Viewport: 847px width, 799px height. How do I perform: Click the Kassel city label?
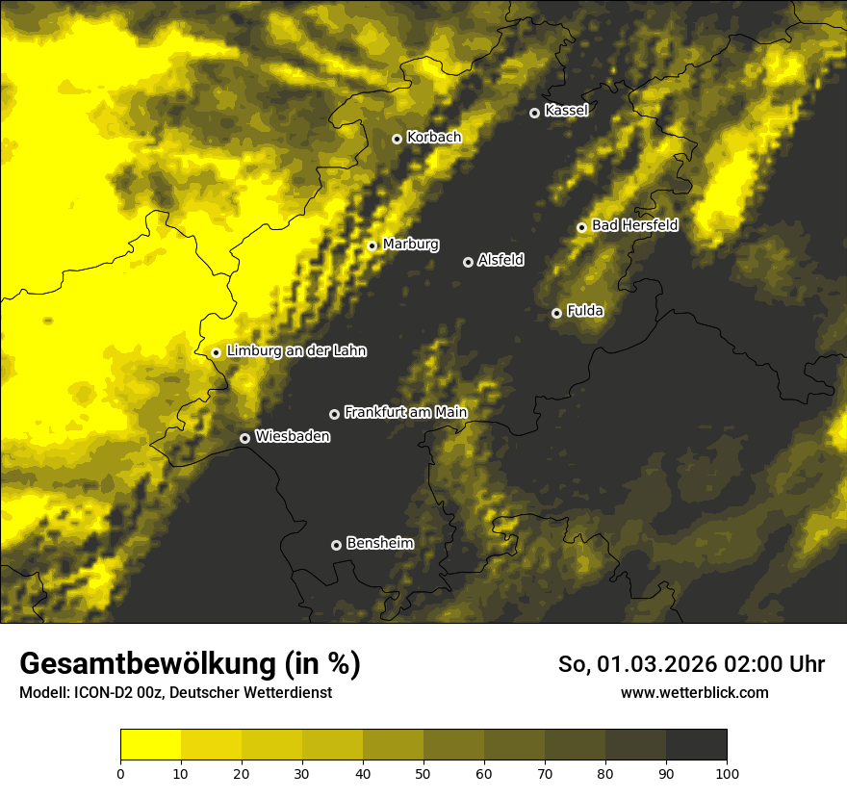click(x=566, y=111)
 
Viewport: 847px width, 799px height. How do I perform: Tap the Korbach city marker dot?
click(x=397, y=139)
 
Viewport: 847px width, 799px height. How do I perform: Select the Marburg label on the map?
click(x=410, y=245)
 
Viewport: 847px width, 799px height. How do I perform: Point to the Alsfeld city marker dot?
click(x=468, y=262)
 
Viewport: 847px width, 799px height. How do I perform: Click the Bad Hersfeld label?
click(x=634, y=225)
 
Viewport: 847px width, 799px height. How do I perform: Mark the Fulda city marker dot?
click(x=556, y=313)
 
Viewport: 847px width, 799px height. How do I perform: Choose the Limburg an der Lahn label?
click(x=296, y=351)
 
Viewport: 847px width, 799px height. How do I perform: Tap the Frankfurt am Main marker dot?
click(x=334, y=414)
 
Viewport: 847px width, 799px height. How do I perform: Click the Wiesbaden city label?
click(x=293, y=436)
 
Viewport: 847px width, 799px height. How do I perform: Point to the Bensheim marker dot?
click(x=336, y=545)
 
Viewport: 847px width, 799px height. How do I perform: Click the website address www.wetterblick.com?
click(x=695, y=693)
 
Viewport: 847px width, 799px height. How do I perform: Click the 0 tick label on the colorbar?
click(x=120, y=774)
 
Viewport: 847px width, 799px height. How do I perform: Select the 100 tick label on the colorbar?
click(x=727, y=774)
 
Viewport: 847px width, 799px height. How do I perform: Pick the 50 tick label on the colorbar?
click(x=423, y=774)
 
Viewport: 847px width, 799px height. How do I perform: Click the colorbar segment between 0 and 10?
click(x=150, y=745)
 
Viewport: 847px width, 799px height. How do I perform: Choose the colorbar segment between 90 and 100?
click(x=696, y=745)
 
